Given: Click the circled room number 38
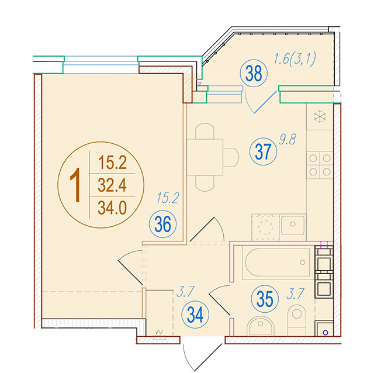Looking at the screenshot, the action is (x=254, y=73).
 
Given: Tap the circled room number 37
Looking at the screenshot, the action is (x=263, y=151).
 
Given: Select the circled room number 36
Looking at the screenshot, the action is (x=162, y=224).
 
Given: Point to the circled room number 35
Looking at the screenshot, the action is (x=265, y=299).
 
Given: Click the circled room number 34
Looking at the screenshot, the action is (x=195, y=315).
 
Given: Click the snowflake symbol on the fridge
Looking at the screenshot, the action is (x=320, y=116).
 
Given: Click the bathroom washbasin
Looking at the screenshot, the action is (x=260, y=326).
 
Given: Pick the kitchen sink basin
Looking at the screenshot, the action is (x=293, y=225).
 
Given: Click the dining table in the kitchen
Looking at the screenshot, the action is (x=205, y=157).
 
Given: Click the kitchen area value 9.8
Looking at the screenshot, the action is (x=288, y=139).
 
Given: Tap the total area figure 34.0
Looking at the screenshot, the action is (x=112, y=208).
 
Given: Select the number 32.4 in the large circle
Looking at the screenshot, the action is (x=112, y=185).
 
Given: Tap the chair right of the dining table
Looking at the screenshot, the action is (x=231, y=157).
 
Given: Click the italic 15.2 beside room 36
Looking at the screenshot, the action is (x=168, y=198).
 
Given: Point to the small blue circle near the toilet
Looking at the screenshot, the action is (x=325, y=333).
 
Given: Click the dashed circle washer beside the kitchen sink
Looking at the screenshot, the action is (x=265, y=227).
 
